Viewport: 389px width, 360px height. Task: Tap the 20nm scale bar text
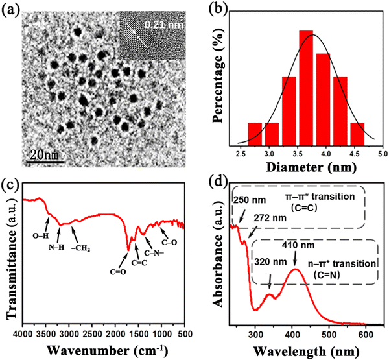click(44, 155)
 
